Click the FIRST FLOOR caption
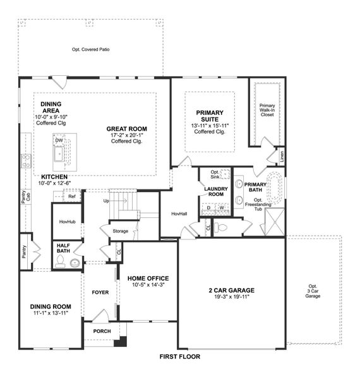tap(180, 357)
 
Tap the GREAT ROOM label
tap(131, 129)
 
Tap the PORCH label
tap(102, 331)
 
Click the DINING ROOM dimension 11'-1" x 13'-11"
tap(51, 313)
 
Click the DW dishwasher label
tap(59, 140)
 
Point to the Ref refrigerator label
tap(72, 196)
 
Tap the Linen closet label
tap(282, 155)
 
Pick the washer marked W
tap(222, 207)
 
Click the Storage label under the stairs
tap(121, 231)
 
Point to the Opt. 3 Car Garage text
tap(313, 290)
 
